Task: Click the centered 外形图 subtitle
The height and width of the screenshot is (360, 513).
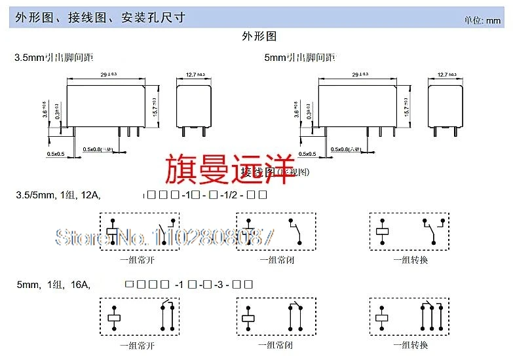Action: (259, 37)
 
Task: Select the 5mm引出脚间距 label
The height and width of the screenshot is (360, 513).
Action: (299, 58)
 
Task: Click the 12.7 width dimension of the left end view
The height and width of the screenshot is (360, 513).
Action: (195, 75)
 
